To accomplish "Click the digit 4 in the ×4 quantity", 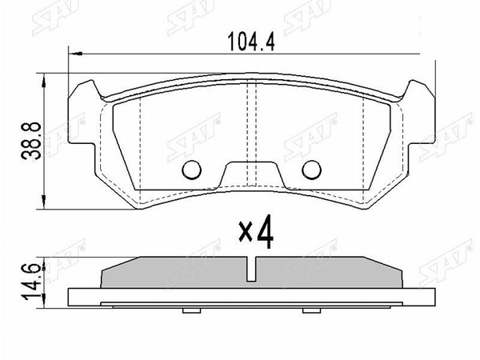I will pyautogui.click(x=266, y=232).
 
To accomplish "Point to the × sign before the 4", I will pyautogui.click(x=246, y=234).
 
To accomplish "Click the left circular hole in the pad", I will pyautogui.click(x=192, y=169).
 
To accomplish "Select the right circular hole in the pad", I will pyautogui.click(x=313, y=169).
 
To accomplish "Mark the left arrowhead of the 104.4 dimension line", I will pyautogui.click(x=74, y=54).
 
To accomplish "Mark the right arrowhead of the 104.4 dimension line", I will pyautogui.click(x=431, y=54).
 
